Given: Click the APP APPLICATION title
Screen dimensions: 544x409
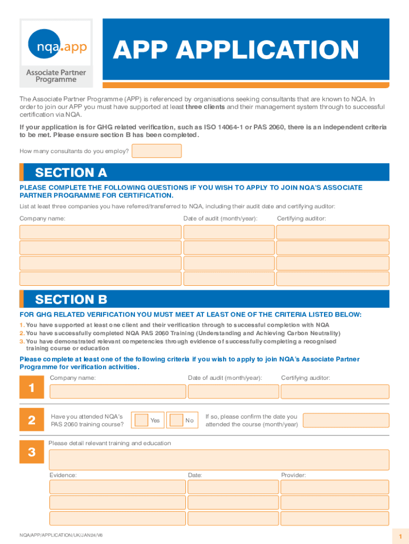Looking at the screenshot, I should point(236,50).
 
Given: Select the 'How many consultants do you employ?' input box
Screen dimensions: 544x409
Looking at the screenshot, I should point(156,151).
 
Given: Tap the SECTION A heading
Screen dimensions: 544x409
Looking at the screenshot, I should point(71,172).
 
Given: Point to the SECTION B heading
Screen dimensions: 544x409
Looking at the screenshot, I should point(71,299).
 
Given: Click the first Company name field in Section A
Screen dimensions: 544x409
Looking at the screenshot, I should point(100,232).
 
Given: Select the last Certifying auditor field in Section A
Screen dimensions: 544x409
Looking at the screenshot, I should point(333,279).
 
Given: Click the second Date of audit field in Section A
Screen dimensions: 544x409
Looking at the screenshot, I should point(228,248).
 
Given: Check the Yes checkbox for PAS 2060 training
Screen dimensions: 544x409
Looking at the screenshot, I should point(141,420).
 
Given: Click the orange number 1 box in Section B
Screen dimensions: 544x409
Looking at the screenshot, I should point(32,388).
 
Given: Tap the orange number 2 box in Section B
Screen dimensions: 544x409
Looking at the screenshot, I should point(32,420).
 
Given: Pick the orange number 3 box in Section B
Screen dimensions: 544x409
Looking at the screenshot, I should point(32,452).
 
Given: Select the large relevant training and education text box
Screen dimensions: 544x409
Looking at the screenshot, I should point(219,460).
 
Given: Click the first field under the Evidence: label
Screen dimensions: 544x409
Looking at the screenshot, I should point(117,487).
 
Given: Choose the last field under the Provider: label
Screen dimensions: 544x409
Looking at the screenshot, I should point(335,518).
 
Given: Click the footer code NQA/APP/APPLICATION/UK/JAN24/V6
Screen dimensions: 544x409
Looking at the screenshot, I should point(61,534).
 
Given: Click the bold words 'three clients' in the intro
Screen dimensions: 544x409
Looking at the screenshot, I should point(205,107).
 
